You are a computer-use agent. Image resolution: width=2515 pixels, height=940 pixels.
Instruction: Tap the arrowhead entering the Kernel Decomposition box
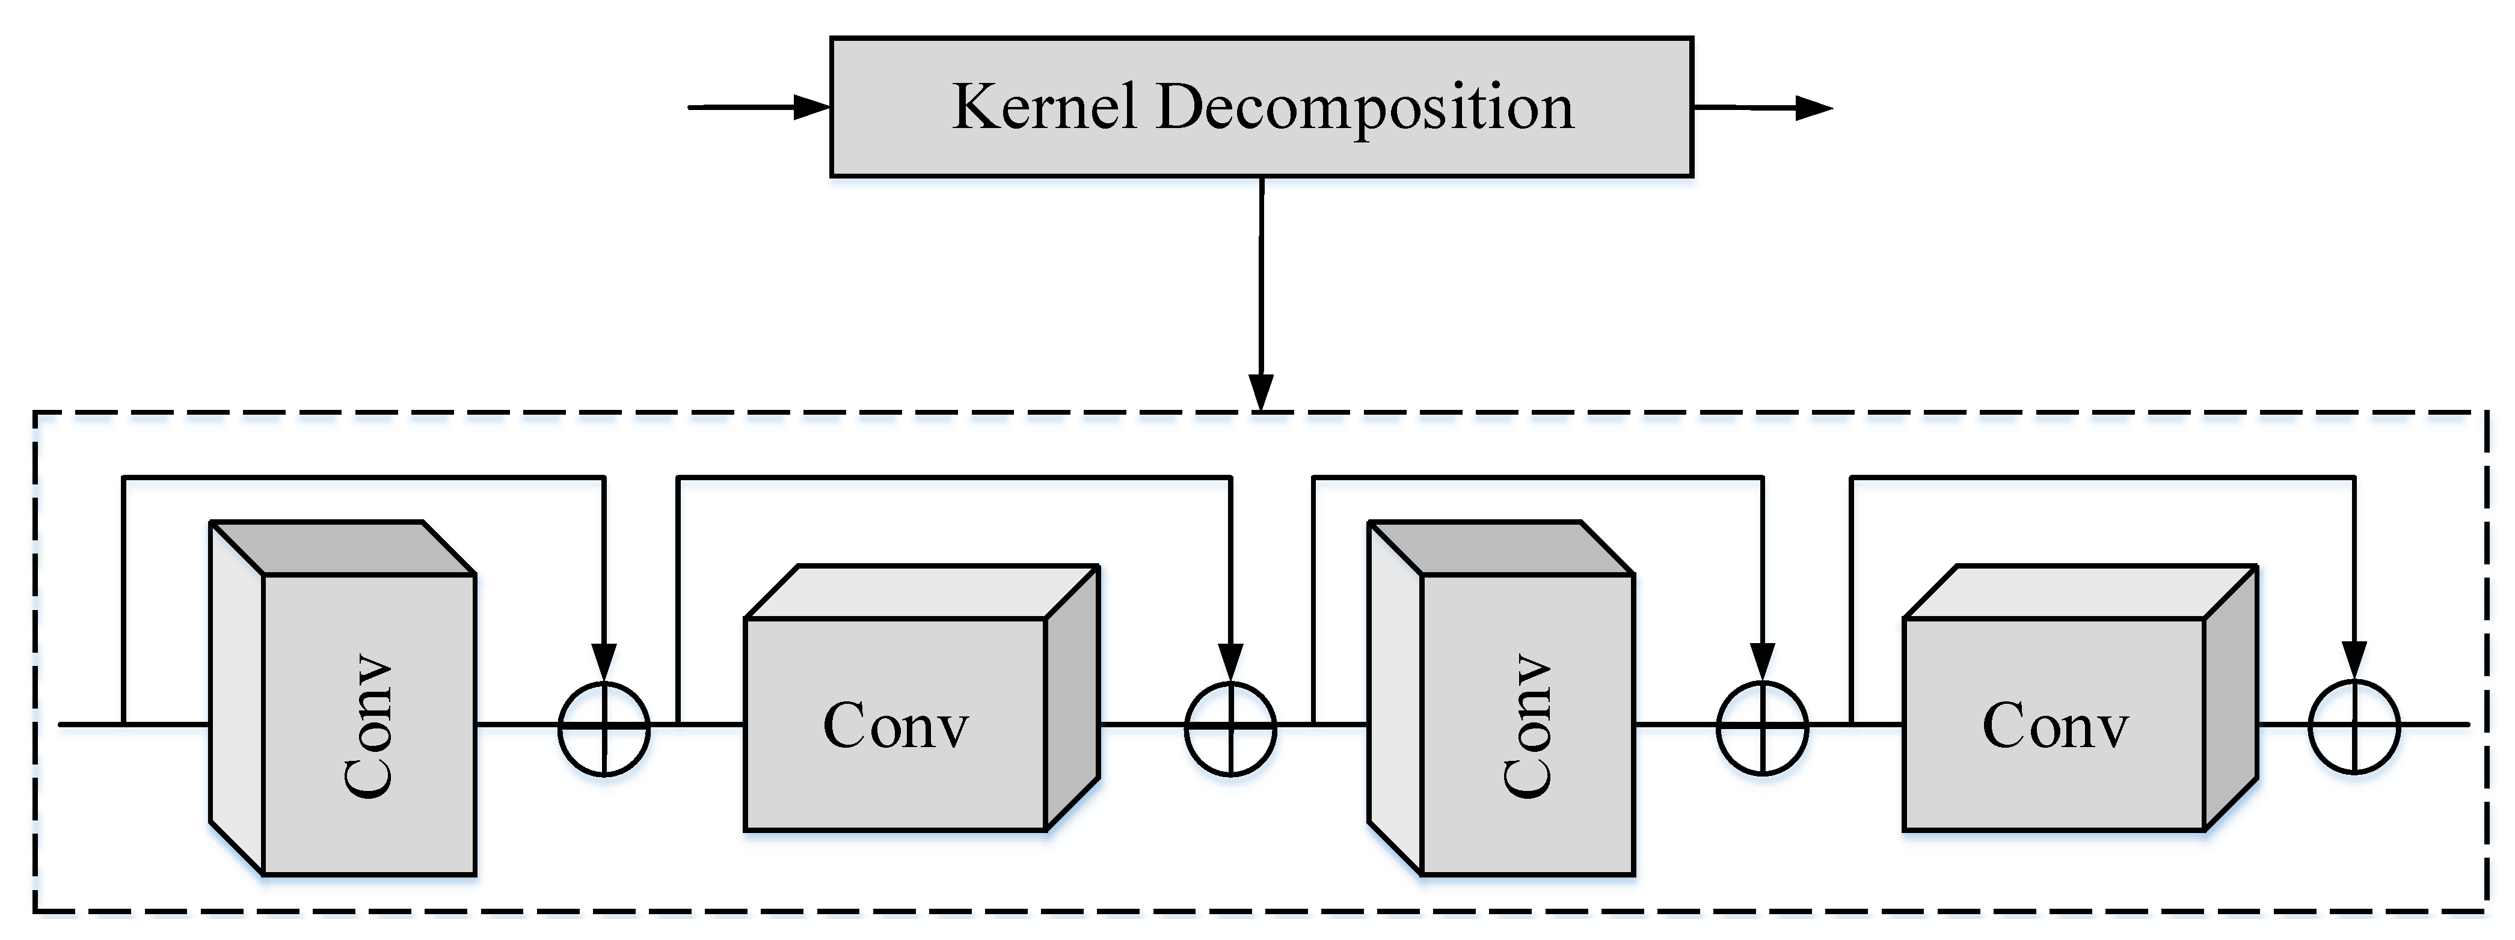pyautogui.click(x=810, y=108)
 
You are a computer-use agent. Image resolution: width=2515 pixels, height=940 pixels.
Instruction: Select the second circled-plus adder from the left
pyautogui.click(x=1230, y=728)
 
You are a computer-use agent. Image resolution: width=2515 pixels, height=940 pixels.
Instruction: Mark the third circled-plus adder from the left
pyautogui.click(x=1762, y=728)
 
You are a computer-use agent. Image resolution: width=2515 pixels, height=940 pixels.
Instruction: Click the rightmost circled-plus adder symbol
pyautogui.click(x=2354, y=728)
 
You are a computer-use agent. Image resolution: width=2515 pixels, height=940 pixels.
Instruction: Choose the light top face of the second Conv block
pyautogui.click(x=922, y=591)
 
